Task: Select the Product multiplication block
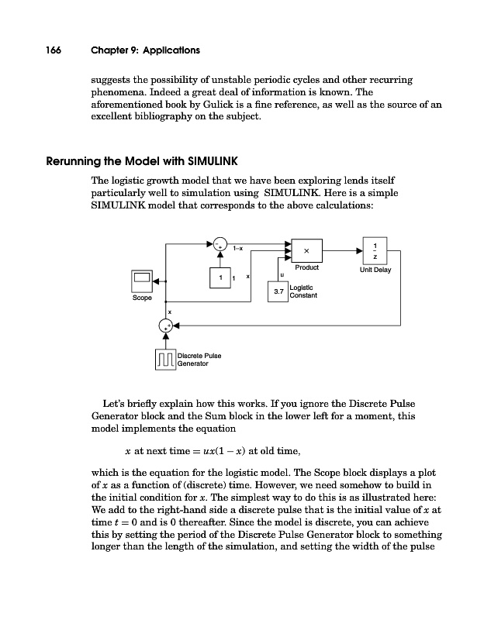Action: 307,250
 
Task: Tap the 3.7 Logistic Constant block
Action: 277,291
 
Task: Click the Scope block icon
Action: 142,279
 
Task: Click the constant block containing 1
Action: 221,277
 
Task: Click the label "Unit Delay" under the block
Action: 375,271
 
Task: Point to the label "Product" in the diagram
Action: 307,268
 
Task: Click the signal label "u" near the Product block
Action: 281,274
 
